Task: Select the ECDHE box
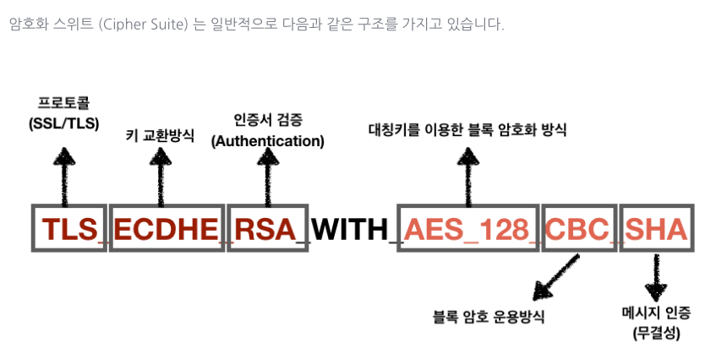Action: point(167,227)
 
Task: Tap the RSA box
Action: point(266,227)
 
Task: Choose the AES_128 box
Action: point(467,227)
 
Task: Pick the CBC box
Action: point(578,227)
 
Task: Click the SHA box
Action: point(656,227)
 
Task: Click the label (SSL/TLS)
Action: point(63,123)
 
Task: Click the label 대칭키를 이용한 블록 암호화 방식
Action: point(467,130)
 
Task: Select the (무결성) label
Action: point(655,333)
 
